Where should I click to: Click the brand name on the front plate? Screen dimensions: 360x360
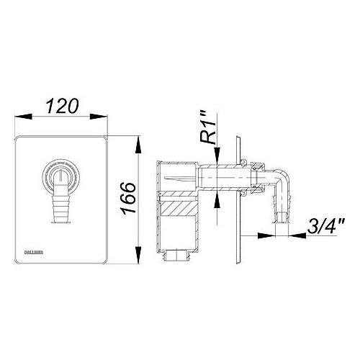27,251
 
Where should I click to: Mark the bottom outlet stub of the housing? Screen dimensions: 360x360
178,256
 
